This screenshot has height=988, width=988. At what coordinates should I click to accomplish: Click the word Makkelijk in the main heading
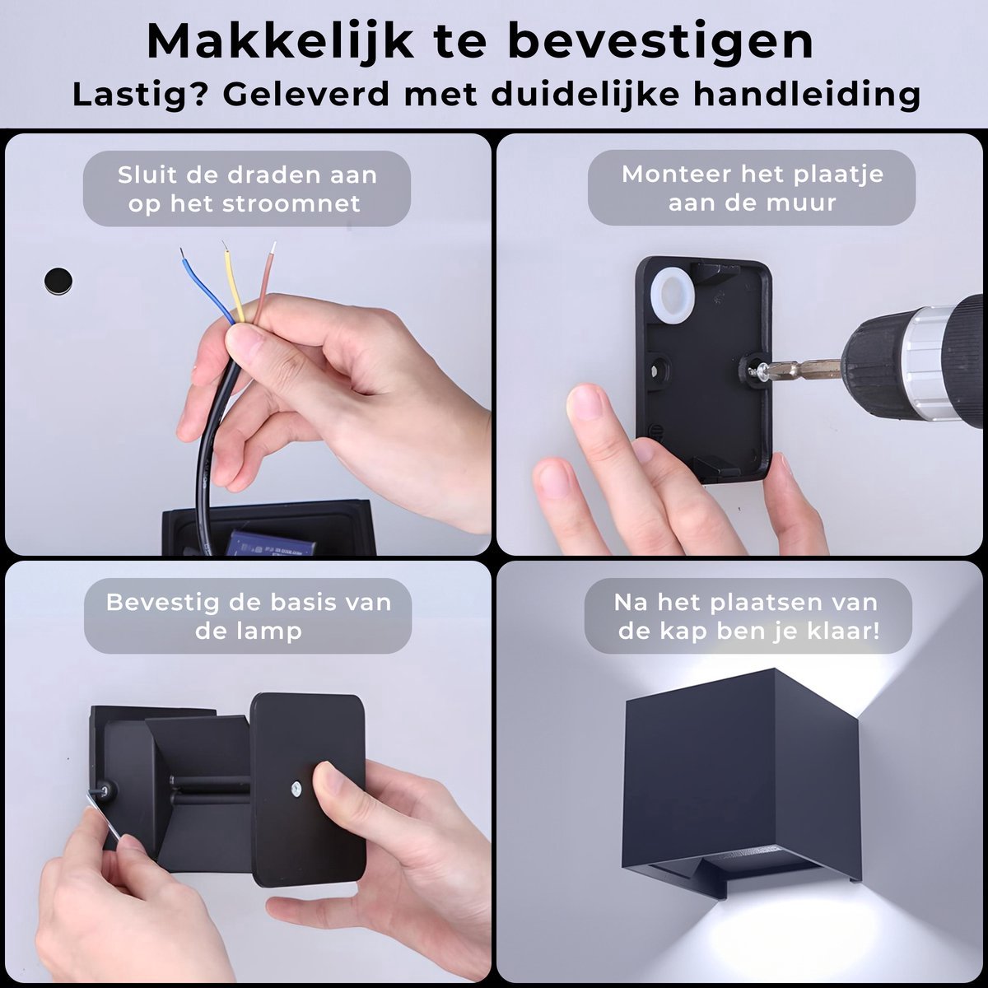tap(281, 43)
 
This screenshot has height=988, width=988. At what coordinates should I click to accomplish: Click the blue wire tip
tap(182, 253)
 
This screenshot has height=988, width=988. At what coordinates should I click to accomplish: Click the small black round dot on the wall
tap(58, 281)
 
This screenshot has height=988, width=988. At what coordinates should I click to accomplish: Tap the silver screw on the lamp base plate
tap(296, 788)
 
